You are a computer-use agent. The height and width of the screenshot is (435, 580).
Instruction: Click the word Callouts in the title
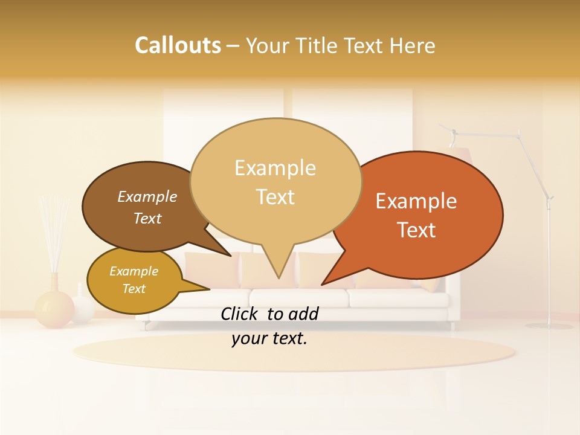pos(178,45)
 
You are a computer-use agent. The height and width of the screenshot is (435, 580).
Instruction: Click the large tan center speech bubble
pos(275,181)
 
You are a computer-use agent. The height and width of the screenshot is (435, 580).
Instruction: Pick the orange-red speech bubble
pos(423,214)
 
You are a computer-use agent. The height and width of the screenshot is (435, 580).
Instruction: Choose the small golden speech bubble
pos(134,280)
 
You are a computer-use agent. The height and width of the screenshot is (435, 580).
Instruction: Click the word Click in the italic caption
pos(240,314)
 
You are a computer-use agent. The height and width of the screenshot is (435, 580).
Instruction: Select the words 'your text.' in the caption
pos(269,339)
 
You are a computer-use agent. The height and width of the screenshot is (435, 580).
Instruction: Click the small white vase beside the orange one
pos(83,308)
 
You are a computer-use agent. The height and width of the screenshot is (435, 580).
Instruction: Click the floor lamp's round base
pos(549,326)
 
